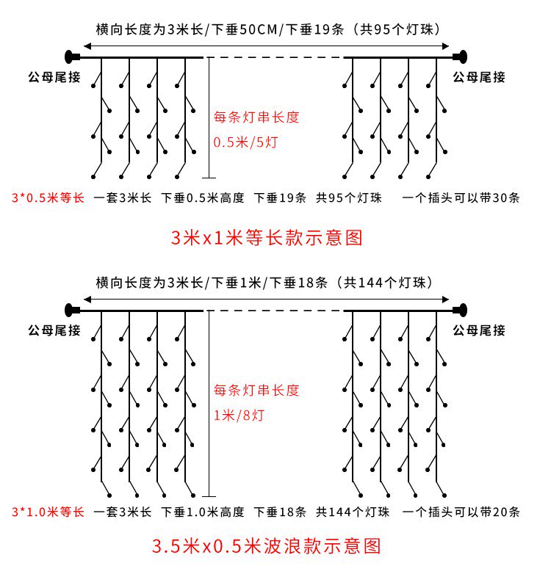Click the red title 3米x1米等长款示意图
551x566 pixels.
(x=267, y=238)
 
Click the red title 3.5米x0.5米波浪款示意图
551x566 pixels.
(x=267, y=546)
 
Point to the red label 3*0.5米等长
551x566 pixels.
(x=48, y=198)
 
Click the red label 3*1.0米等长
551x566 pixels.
(x=48, y=512)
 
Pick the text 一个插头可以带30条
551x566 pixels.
(x=461, y=198)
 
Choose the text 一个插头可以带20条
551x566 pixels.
(x=461, y=512)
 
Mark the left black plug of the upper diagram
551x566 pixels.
(x=71, y=57)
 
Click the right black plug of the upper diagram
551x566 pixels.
(x=461, y=57)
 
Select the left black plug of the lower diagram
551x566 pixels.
(x=71, y=310)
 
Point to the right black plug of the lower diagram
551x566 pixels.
(x=461, y=310)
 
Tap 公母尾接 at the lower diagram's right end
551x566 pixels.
(x=479, y=330)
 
